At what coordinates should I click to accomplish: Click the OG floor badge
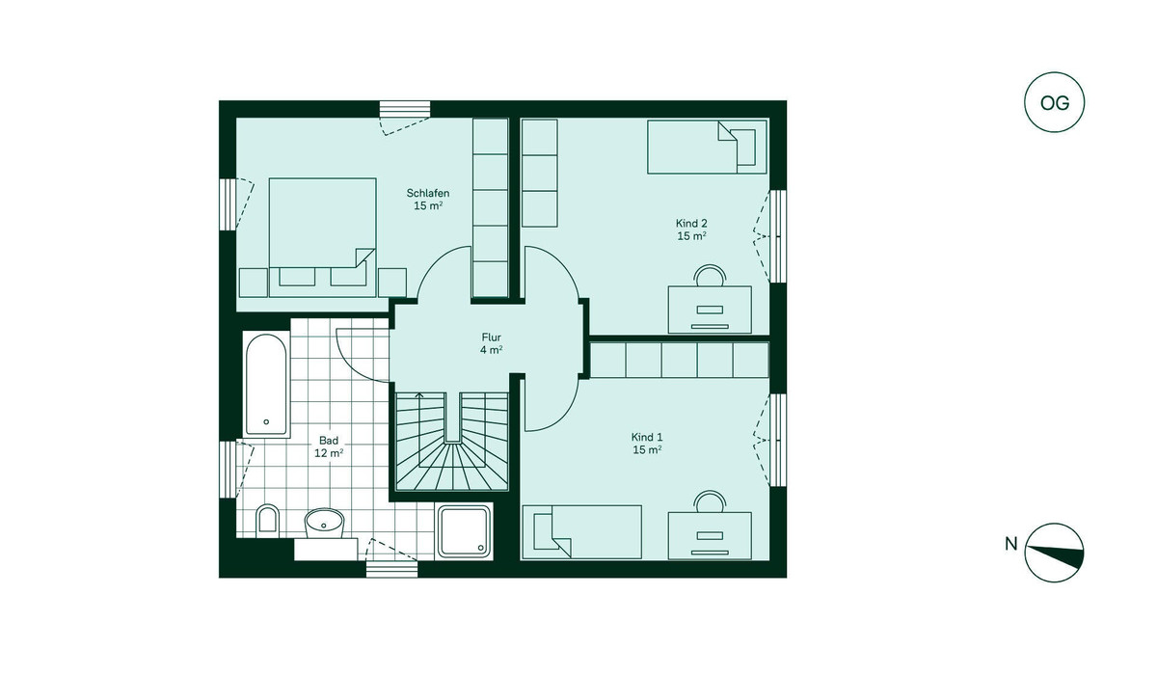(x=1054, y=102)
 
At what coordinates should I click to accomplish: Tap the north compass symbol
(x=1054, y=553)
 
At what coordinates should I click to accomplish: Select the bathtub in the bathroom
(x=266, y=385)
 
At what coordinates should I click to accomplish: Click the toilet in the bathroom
(x=267, y=520)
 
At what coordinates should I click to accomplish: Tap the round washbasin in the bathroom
(x=324, y=524)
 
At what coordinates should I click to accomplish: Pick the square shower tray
(x=465, y=531)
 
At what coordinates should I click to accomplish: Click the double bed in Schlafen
(x=322, y=237)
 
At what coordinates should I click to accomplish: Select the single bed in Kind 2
(x=707, y=147)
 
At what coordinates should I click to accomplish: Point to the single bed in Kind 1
(x=582, y=532)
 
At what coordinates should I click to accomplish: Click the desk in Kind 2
(x=710, y=310)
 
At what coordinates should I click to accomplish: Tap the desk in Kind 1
(x=710, y=536)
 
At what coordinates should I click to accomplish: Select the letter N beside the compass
(x=1010, y=544)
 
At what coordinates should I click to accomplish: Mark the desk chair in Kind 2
(x=710, y=275)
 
